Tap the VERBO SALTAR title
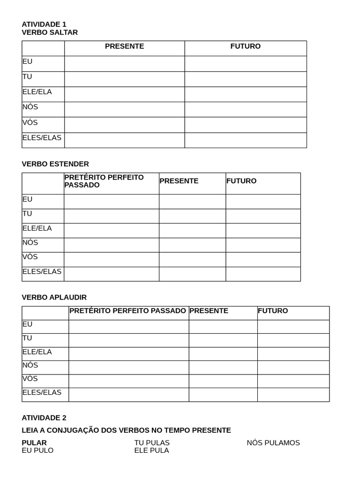tap(50, 32)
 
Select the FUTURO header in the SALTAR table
tap(245, 46)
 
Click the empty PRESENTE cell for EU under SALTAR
tap(124, 64)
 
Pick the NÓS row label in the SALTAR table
tap(30, 107)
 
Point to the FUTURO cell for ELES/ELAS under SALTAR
tap(245, 140)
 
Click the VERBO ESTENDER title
tap(55, 164)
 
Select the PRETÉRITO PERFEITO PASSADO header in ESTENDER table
tap(104, 181)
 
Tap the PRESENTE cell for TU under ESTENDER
tap(192, 216)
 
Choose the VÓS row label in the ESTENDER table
tap(30, 257)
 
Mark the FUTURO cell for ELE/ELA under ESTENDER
tap(263, 231)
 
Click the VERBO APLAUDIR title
tap(54, 298)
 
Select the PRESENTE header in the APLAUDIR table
tap(209, 311)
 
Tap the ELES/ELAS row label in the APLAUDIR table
tap(42, 392)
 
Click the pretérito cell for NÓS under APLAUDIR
tap(128, 367)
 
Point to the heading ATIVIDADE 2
tap(44, 418)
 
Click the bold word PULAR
tap(34, 443)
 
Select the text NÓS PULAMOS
tap(273, 443)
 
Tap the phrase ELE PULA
tap(151, 450)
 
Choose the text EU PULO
tap(37, 450)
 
